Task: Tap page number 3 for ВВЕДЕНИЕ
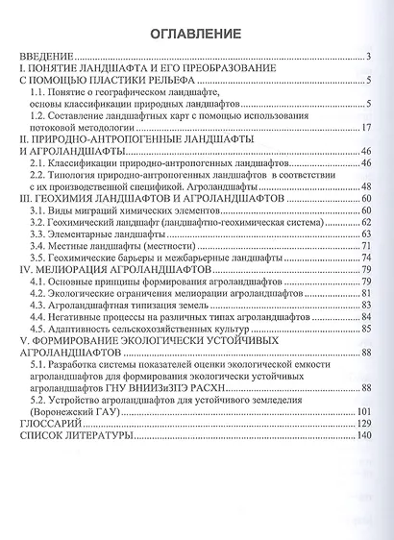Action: coord(369,57)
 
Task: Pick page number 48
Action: coord(366,186)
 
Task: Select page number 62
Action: coord(366,221)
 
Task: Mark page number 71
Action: coord(366,245)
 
